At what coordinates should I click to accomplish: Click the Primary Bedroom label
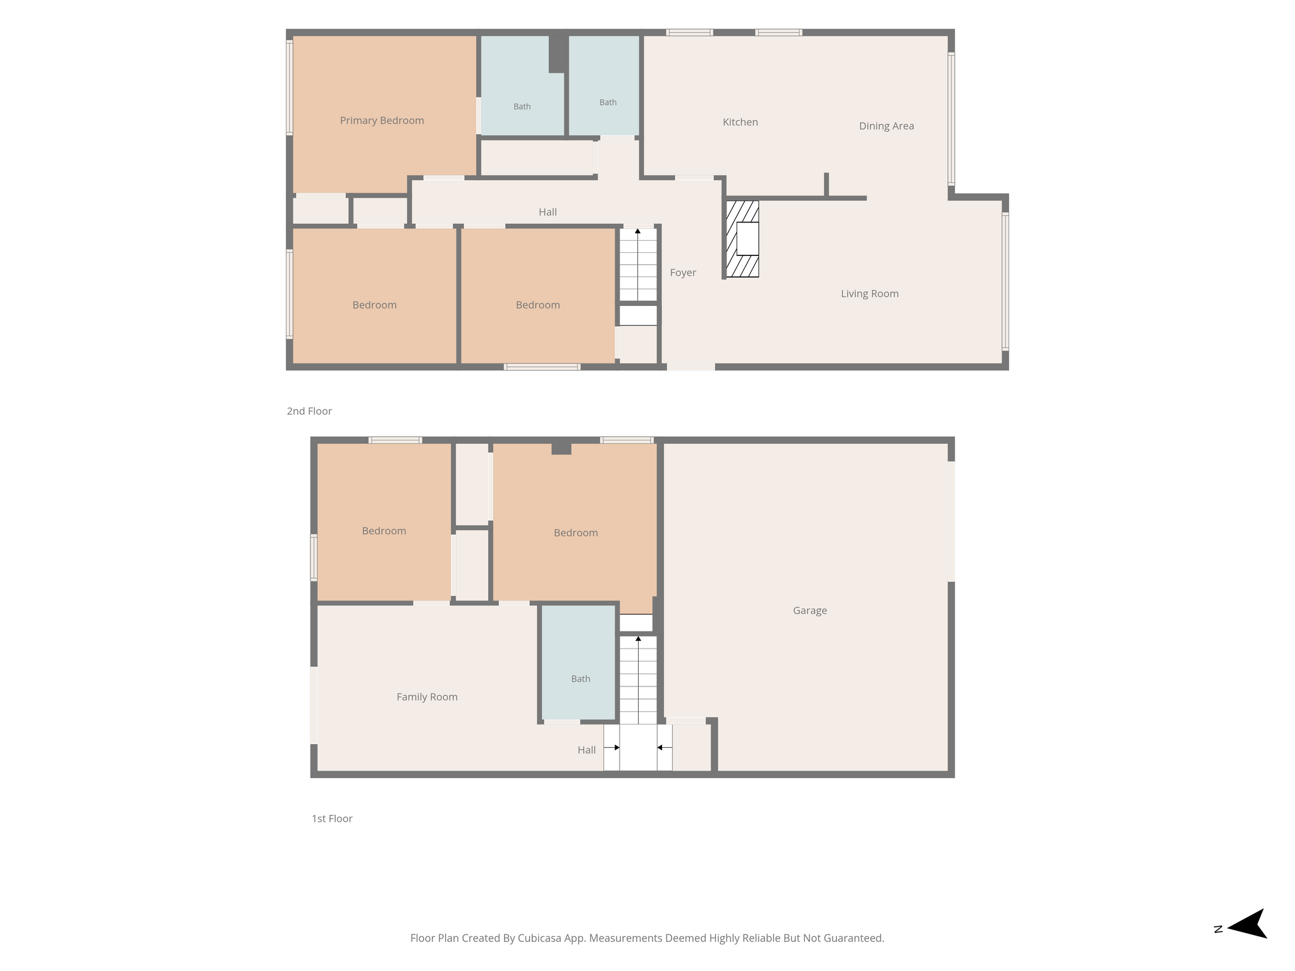tap(382, 121)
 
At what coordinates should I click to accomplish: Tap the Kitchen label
tap(740, 122)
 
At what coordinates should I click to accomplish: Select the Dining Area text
tap(887, 126)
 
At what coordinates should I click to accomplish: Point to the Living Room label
tap(869, 293)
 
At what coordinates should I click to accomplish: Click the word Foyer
tap(683, 272)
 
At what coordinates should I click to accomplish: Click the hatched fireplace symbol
tap(742, 239)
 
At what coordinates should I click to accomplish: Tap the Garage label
tap(810, 611)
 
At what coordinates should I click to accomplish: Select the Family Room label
tap(427, 697)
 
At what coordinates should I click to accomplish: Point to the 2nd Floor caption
tap(309, 411)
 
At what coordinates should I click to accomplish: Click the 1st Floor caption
tap(332, 819)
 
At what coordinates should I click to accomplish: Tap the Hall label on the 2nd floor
tap(548, 212)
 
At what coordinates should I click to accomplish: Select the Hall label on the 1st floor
tap(587, 750)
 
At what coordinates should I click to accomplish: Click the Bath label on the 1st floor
tap(580, 679)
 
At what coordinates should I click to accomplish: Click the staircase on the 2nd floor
tap(638, 264)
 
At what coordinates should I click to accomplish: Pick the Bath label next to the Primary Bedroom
tap(522, 107)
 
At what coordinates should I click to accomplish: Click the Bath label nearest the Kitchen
tap(608, 102)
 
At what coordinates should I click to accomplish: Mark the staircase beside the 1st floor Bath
tap(638, 680)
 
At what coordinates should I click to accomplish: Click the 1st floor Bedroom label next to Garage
tap(575, 533)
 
